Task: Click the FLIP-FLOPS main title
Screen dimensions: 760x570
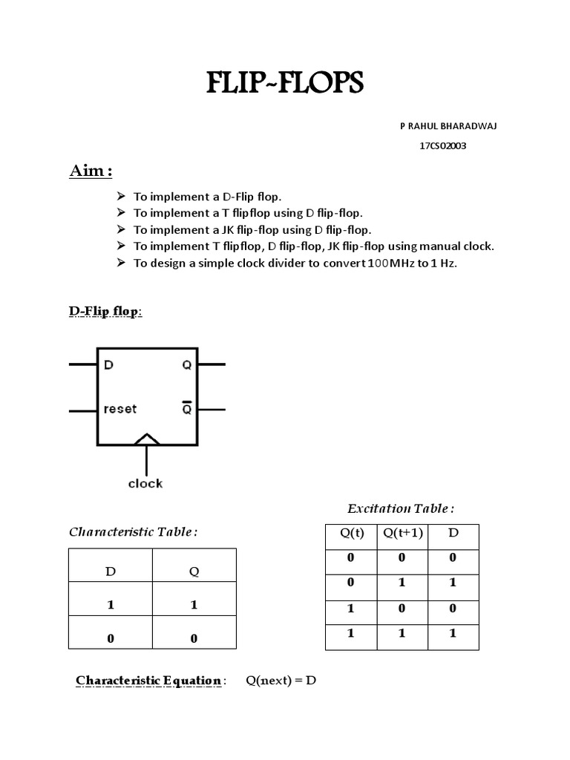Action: coord(286,84)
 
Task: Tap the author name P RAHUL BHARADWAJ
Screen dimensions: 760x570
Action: coord(448,126)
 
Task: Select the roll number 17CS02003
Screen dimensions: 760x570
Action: coord(443,145)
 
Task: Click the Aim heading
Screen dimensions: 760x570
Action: coord(91,171)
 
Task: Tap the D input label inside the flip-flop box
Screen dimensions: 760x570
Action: coord(108,365)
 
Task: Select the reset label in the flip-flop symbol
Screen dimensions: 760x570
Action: coord(120,409)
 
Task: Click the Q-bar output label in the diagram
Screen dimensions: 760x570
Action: coord(186,408)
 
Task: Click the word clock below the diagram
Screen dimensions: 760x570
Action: coord(145,483)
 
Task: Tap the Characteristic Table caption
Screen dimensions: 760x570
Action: coord(134,531)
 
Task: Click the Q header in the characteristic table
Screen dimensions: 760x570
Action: coord(194,571)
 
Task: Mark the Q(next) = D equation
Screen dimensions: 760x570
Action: coord(281,681)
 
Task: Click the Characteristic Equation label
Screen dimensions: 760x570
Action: coord(148,681)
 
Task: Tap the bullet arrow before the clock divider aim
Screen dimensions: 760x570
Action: coord(122,263)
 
